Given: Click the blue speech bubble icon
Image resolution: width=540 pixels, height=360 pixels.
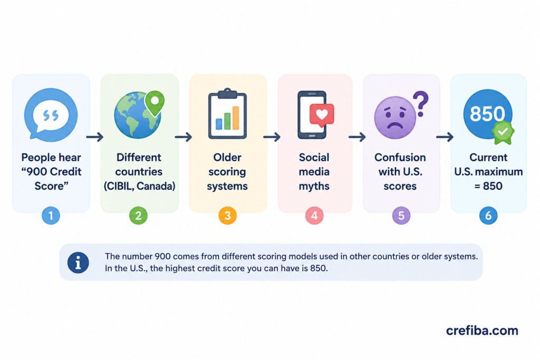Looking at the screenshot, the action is [51, 114].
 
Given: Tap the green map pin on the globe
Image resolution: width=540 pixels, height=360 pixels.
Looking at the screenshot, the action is [155, 102].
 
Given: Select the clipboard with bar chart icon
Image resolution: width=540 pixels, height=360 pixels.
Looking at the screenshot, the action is [227, 113].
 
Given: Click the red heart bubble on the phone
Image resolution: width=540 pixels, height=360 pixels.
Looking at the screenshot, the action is [322, 115].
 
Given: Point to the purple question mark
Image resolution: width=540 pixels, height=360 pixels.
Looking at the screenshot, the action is [420, 104].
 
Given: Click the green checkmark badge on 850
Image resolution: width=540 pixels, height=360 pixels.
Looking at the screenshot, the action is [503, 132].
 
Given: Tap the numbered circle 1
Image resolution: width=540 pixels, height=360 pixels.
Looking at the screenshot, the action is [51, 216].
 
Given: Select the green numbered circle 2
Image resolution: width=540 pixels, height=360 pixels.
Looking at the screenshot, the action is [139, 216].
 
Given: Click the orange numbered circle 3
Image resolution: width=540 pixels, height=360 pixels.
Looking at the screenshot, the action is [228, 216].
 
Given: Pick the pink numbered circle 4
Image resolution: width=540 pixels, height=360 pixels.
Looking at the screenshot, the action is [314, 216].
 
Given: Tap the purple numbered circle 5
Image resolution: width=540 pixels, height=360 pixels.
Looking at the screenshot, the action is [401, 216].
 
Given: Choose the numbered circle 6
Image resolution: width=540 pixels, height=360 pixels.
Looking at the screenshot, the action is [488, 216].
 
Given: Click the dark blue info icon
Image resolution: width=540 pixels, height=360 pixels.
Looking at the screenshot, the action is [78, 263].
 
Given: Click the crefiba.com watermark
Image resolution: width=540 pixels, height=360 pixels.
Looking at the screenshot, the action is [482, 330].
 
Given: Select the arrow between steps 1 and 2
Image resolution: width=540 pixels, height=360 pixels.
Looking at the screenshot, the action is [95, 137].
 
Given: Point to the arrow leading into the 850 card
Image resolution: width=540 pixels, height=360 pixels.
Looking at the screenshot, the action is [445, 137].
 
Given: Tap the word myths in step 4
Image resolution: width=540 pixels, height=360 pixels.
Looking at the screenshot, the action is [314, 186].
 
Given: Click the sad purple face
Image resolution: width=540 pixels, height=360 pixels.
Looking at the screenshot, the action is [395, 118].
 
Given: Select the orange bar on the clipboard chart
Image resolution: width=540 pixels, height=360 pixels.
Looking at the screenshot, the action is [236, 118].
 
